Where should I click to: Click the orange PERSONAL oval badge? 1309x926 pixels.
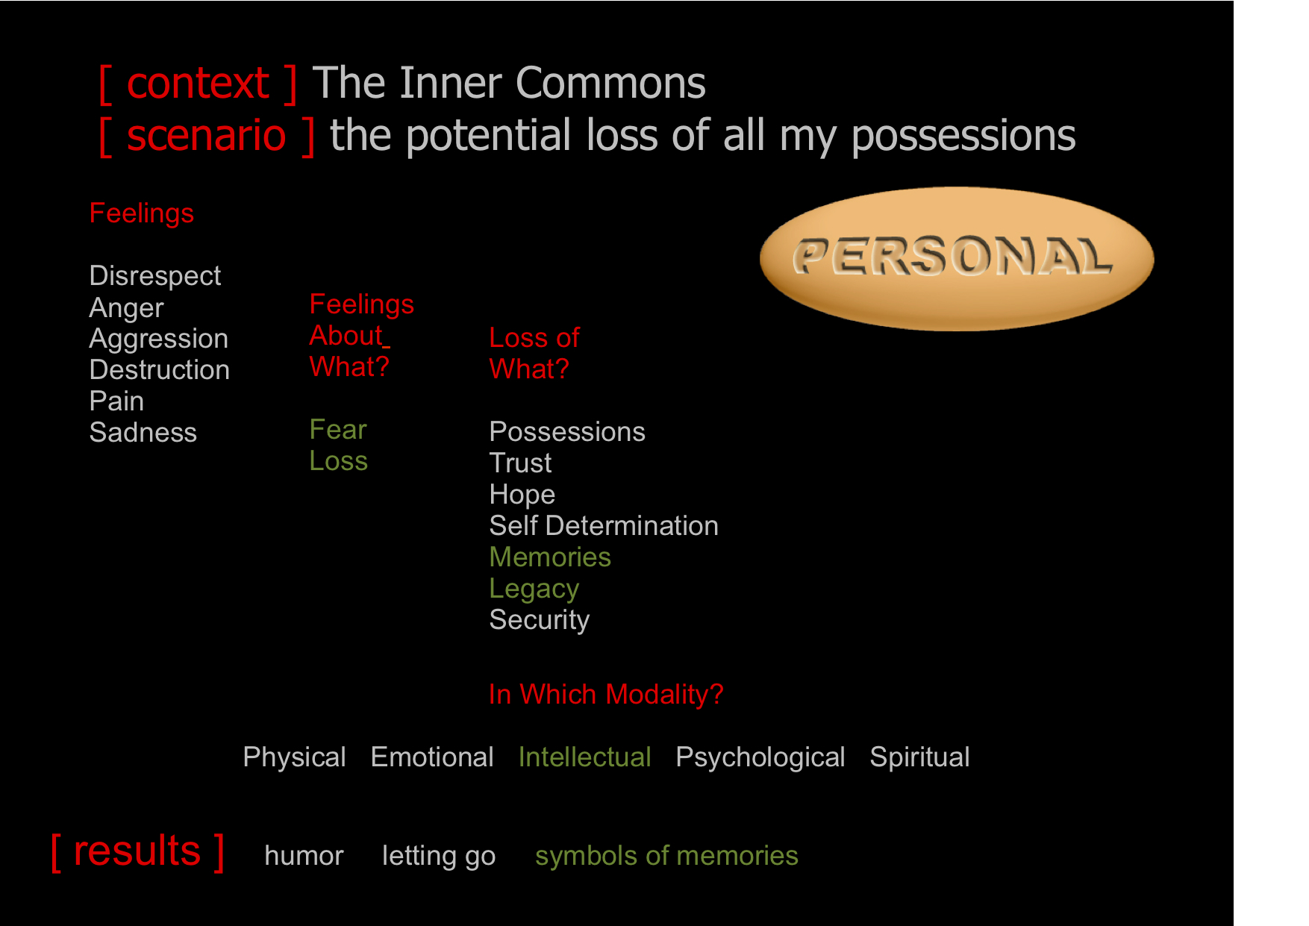click(x=957, y=258)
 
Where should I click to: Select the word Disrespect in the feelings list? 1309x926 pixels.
click(x=155, y=275)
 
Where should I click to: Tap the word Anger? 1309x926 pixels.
click(x=126, y=307)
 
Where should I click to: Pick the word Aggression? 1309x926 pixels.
click(x=159, y=339)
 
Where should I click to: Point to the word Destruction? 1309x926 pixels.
click(x=160, y=369)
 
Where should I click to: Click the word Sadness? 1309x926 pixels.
click(x=143, y=432)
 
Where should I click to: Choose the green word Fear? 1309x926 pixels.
click(x=338, y=429)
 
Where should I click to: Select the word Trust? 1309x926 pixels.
click(x=520, y=463)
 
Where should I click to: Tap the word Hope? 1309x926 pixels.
click(x=522, y=495)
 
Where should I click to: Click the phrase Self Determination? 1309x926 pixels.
click(x=604, y=525)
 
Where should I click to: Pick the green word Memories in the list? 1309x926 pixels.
click(x=550, y=557)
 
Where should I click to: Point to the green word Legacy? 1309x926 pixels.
click(x=534, y=589)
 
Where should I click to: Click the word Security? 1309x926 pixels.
click(x=540, y=620)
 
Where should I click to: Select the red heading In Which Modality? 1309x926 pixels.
click(x=606, y=695)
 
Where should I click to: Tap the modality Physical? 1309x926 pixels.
click(x=294, y=757)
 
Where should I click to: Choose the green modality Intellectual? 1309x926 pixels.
click(x=584, y=757)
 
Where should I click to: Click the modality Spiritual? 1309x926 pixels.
click(x=919, y=757)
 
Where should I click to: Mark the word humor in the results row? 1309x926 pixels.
click(x=304, y=856)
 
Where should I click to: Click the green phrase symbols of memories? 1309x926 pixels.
click(x=666, y=856)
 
